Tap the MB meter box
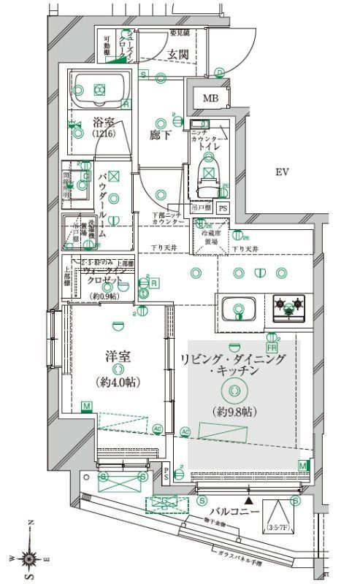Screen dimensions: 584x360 (x=210, y=99)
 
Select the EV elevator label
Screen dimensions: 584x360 (x=283, y=173)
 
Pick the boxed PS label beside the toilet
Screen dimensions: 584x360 (x=223, y=208)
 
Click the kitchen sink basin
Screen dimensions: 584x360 (x=238, y=308)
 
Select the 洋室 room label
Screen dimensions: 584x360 (x=118, y=358)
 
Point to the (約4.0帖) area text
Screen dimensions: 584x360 (x=118, y=382)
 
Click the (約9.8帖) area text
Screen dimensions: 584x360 (x=233, y=412)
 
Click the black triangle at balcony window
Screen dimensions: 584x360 (x=250, y=501)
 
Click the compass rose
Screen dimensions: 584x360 (x=29, y=558)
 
